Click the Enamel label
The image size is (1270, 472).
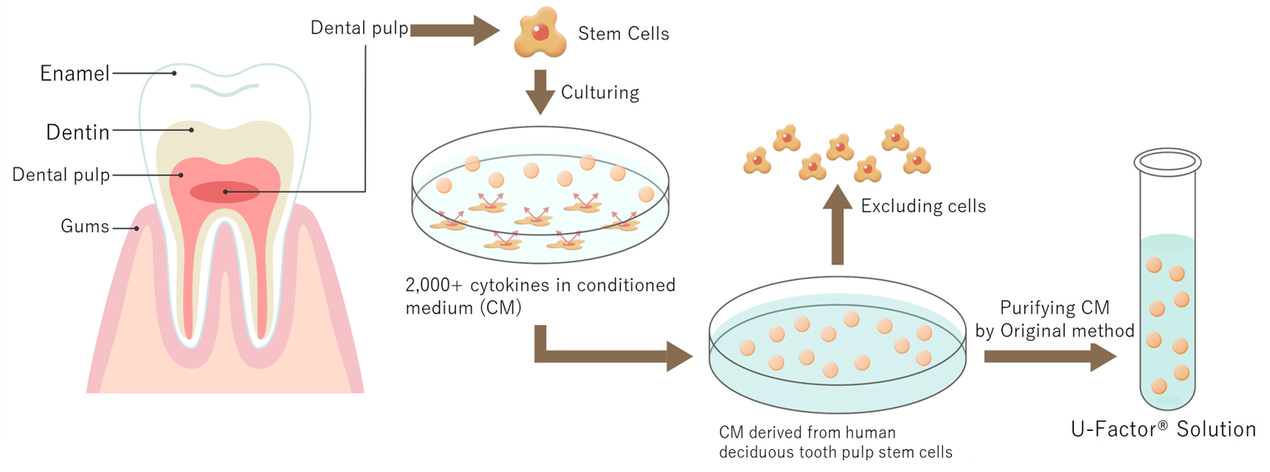(75, 74)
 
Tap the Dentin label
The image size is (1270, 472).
(77, 131)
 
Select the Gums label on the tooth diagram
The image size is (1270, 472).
(84, 227)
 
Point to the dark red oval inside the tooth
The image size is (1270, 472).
(225, 192)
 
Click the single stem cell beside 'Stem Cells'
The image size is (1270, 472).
(538, 34)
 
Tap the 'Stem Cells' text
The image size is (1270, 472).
(623, 34)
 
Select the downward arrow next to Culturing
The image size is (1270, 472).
(539, 91)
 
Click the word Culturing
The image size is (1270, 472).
(599, 92)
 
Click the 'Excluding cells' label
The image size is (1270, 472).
(923, 206)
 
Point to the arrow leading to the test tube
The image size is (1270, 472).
(1049, 356)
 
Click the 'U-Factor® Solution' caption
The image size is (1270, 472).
(1163, 429)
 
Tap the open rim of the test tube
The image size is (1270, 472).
(1168, 163)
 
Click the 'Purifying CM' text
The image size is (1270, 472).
(1054, 309)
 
